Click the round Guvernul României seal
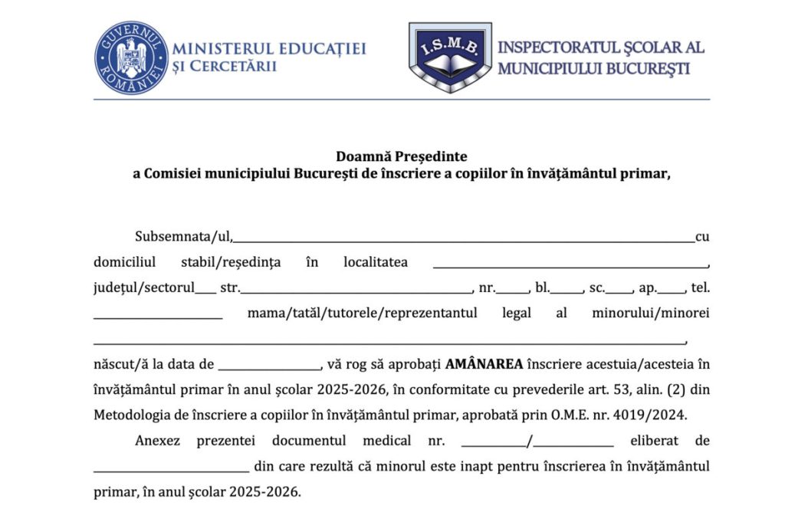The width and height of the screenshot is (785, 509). pyautogui.click(x=131, y=57)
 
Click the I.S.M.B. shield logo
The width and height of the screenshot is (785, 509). pyautogui.click(x=449, y=57)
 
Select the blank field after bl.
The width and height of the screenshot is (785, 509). pyautogui.click(x=568, y=291)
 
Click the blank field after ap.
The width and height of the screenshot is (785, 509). pyautogui.click(x=672, y=291)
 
